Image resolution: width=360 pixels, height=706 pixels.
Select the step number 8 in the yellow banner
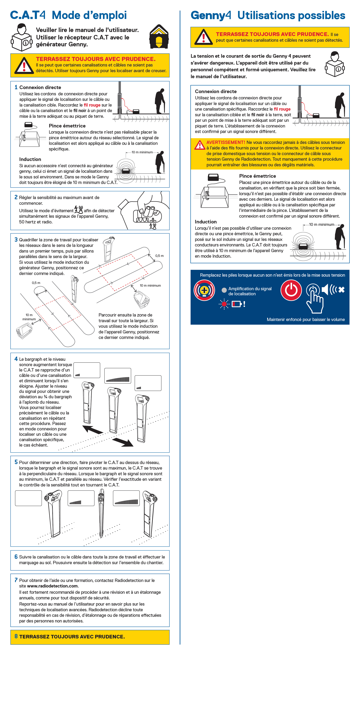pos(16,636)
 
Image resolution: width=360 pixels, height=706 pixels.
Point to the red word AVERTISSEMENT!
pos(226,142)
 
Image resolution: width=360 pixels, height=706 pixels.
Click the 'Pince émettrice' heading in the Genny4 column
pos(257,176)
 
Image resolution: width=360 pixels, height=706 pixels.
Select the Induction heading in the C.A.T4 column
pos(30,159)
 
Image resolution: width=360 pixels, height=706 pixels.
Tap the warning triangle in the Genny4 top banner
pos(203,37)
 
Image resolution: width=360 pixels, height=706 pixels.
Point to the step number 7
pos(16,580)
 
